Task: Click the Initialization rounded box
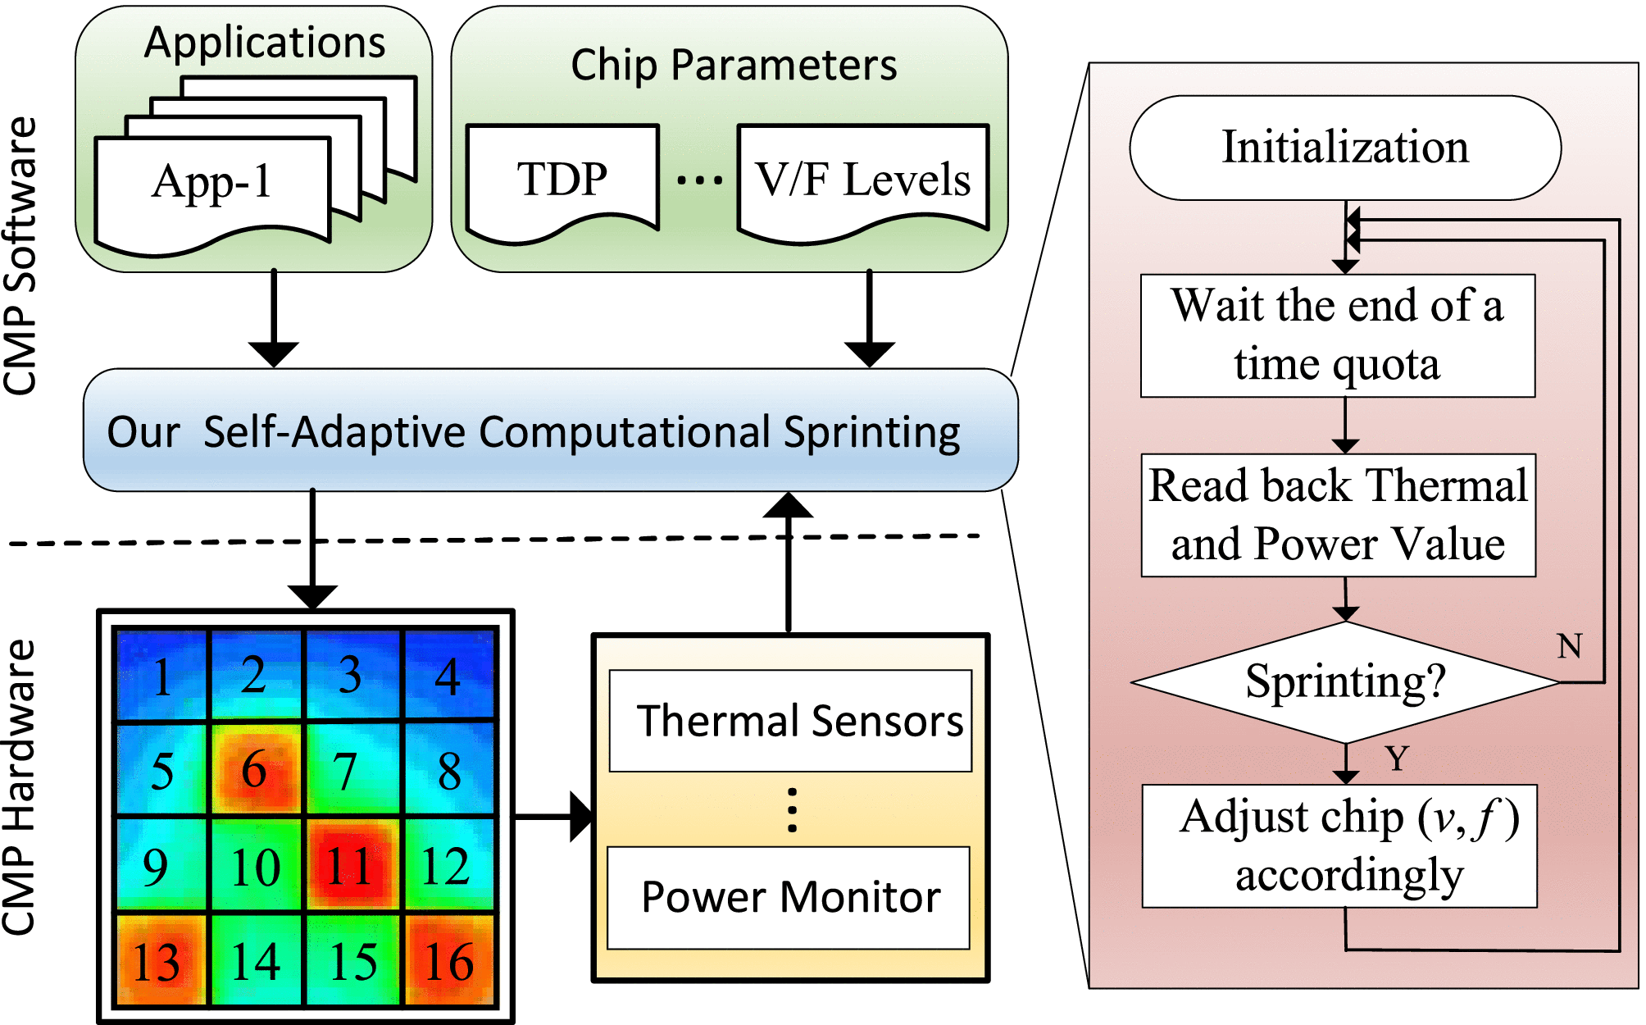click(1344, 148)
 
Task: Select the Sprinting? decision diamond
click(1344, 682)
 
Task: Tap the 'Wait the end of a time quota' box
click(1337, 335)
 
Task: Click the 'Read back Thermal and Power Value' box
click(1338, 515)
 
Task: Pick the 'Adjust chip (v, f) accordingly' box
click(1339, 845)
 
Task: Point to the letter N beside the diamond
click(1569, 646)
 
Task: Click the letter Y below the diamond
click(1397, 758)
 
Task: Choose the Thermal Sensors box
click(791, 721)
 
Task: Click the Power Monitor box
click(789, 897)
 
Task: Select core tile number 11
click(352, 865)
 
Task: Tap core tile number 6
click(255, 769)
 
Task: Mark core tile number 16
click(448, 960)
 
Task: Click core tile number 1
click(161, 676)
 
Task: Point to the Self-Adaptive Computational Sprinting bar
click(550, 430)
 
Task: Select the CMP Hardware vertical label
click(20, 787)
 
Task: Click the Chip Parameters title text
click(734, 65)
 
